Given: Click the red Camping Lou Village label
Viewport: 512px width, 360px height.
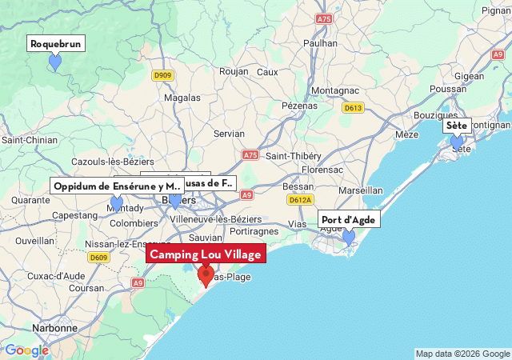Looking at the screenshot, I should [206, 254].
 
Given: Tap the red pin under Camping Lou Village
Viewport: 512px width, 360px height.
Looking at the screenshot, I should [206, 277].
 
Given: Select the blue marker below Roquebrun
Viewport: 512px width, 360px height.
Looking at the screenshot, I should [55, 62].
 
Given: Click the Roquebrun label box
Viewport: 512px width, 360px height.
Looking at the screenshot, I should [56, 44].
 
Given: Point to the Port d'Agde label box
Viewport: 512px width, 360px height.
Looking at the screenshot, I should [348, 220].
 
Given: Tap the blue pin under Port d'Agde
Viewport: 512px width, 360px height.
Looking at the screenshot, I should [348, 238].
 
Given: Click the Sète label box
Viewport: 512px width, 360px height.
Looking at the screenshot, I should [457, 126].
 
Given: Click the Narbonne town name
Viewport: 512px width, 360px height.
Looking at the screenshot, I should [55, 328].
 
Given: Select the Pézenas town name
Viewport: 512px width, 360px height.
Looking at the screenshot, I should [300, 106].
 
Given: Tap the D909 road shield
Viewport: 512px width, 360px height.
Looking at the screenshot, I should [162, 75].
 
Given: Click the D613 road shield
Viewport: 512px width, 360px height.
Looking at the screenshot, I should [353, 108].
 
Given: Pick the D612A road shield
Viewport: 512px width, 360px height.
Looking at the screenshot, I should [300, 200].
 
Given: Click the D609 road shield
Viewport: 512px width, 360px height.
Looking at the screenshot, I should [98, 258].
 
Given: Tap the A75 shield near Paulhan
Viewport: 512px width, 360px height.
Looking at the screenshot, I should [324, 18].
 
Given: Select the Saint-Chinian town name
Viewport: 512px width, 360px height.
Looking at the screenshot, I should [30, 140].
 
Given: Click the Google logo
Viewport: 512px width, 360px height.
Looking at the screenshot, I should [26, 350].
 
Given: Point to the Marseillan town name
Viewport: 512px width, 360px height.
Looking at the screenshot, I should [361, 190].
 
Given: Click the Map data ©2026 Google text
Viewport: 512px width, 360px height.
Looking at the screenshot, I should [462, 354].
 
